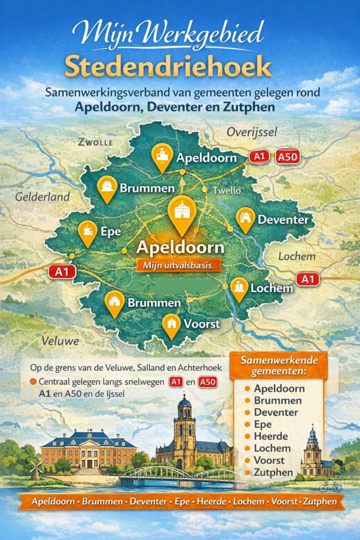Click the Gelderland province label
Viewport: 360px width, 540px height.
42,197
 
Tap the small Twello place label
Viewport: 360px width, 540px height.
227,190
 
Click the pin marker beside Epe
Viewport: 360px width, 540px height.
87,233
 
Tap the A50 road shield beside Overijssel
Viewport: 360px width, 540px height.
288,157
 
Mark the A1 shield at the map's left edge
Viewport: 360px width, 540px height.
62,272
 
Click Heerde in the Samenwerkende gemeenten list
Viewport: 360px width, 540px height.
270,437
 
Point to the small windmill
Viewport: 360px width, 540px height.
36,467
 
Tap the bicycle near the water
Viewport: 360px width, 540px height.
330,486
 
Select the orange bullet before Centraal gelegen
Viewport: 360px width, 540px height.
34,382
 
